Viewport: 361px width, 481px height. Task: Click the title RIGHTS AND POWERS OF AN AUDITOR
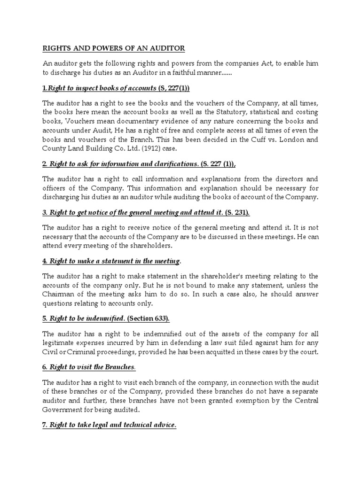click(114, 48)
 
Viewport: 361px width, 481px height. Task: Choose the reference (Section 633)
click(154, 318)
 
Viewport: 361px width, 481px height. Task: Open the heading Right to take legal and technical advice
click(110, 425)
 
